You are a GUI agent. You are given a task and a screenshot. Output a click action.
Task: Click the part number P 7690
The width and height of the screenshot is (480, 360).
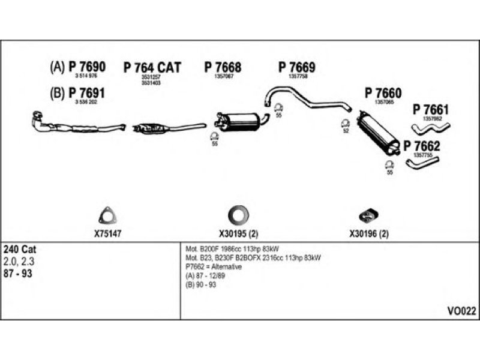87,67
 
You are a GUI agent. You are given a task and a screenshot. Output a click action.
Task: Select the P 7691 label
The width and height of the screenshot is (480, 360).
87,93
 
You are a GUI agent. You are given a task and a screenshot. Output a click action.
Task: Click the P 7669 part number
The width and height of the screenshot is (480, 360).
296,67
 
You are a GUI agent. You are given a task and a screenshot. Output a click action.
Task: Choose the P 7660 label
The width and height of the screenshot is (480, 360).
383,93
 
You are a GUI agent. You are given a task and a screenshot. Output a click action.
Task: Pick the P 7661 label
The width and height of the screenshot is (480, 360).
431,110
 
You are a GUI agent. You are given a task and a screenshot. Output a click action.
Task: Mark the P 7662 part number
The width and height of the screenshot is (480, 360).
422,145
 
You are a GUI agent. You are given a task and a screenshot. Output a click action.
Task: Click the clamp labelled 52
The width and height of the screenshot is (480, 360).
345,124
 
